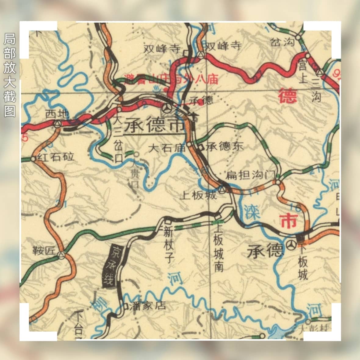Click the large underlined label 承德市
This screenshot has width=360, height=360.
(x=155, y=125)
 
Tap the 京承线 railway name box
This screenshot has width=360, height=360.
(x=109, y=266)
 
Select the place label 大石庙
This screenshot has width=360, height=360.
(x=167, y=148)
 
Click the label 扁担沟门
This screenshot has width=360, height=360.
(x=250, y=175)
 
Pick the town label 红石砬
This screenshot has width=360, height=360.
(x=55, y=157)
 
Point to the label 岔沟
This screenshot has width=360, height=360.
(x=283, y=42)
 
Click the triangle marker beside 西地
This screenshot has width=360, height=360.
(x=57, y=124)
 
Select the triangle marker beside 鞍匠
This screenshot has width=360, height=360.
(x=62, y=255)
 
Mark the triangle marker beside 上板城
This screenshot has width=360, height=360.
(x=223, y=190)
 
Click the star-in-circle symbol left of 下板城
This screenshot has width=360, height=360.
(x=291, y=245)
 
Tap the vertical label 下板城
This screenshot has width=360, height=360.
(x=303, y=262)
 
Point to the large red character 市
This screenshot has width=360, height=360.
(x=288, y=221)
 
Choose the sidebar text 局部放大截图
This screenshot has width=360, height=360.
(x=9, y=75)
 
